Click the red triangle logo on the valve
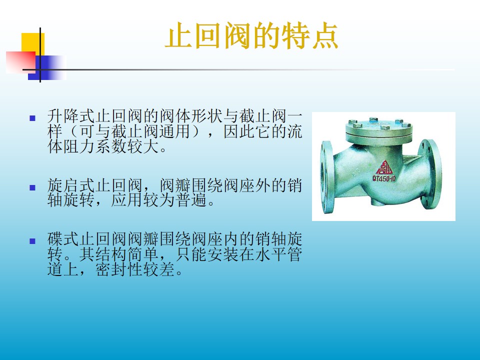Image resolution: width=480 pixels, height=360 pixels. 384,167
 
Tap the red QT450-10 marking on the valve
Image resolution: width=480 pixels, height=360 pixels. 384,177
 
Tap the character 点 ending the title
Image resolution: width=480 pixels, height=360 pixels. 324,36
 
